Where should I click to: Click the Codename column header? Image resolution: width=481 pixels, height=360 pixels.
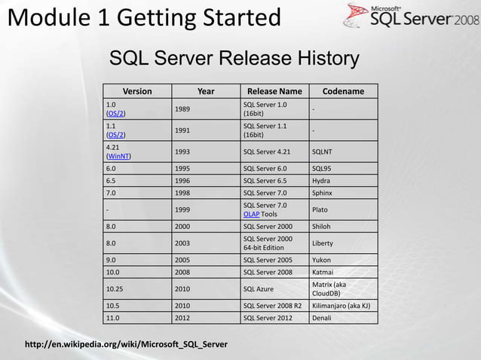point(343,91)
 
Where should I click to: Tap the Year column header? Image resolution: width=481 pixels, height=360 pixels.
point(205,91)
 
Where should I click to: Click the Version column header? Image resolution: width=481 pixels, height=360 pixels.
point(137,91)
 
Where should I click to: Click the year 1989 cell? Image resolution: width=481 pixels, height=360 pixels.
point(182,109)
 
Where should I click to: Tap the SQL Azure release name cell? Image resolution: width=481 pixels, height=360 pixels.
point(259,288)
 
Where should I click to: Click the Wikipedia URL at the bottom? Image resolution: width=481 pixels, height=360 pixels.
point(126,345)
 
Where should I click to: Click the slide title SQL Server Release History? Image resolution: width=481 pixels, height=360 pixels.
point(234,58)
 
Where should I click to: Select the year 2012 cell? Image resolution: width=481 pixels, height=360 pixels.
point(182,318)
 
